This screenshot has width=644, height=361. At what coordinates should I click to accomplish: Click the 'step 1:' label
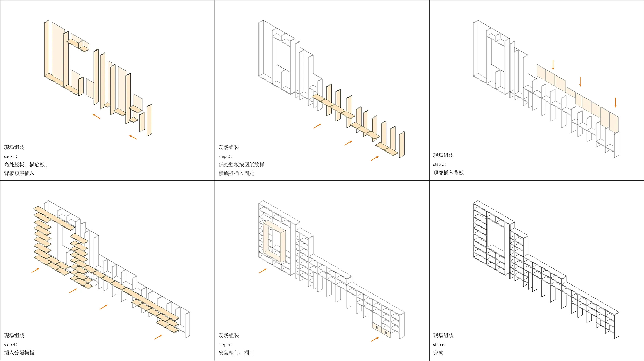[11, 156]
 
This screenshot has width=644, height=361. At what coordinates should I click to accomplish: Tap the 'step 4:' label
[11, 345]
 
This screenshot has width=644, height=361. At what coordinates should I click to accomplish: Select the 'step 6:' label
[440, 345]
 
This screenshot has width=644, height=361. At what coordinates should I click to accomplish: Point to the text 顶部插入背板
[448, 173]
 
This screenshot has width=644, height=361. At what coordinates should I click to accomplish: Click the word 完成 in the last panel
[438, 353]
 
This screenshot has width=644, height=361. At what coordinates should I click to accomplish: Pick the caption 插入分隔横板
[19, 353]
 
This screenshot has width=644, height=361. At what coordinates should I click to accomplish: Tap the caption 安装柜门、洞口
[236, 353]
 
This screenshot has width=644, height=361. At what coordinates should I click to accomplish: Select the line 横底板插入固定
[236, 173]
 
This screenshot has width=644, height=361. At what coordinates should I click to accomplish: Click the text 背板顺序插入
[19, 173]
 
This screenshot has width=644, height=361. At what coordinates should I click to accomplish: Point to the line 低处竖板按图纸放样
[241, 165]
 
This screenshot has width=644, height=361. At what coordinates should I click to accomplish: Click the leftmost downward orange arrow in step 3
[553, 65]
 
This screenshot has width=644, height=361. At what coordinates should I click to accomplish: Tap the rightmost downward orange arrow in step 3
[615, 102]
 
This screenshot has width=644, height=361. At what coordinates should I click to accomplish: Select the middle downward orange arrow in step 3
[580, 81]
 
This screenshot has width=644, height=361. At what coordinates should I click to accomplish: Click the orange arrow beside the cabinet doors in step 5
[375, 339]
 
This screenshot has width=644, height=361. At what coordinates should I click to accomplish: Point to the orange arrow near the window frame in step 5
[262, 271]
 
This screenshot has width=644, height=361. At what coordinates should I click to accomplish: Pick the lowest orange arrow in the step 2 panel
[375, 158]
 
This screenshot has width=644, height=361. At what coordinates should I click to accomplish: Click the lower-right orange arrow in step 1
[133, 137]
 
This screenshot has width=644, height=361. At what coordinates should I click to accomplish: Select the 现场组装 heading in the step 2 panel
[229, 147]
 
